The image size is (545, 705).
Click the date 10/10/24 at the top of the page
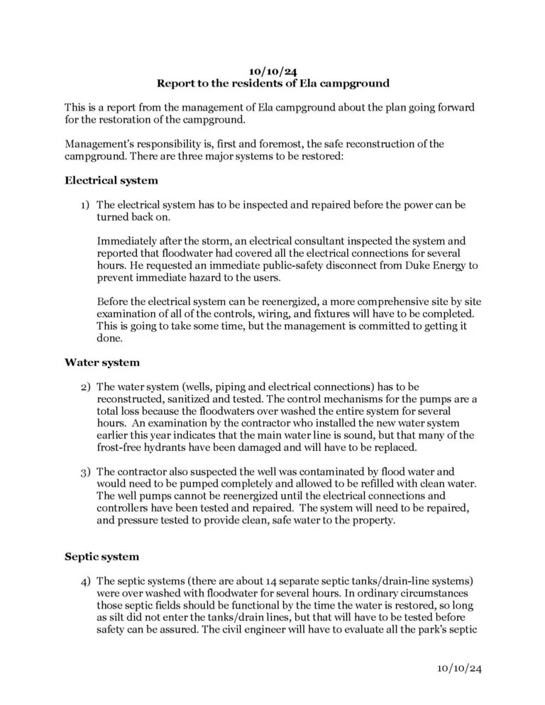click(272, 71)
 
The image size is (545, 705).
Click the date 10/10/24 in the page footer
click(459, 668)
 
